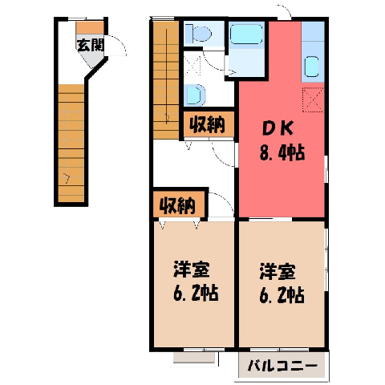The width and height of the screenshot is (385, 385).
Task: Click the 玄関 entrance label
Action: (x=90, y=45)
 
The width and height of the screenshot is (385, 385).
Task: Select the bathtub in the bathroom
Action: (x=246, y=34)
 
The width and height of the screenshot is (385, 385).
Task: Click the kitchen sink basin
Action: (x=311, y=67)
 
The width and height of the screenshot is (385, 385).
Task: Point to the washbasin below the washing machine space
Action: (x=196, y=95)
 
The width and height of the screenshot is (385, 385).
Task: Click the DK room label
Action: (x=278, y=129)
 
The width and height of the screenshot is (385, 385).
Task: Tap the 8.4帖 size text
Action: (x=282, y=152)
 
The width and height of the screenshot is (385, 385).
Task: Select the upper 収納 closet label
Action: (x=208, y=125)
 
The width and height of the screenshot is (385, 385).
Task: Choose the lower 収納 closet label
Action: (x=177, y=206)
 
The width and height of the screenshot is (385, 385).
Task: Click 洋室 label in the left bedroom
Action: (x=192, y=269)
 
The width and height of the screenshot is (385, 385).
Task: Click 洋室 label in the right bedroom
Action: (x=278, y=272)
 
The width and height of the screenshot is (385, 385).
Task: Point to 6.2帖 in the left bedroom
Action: (x=196, y=293)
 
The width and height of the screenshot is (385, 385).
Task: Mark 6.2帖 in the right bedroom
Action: (x=282, y=295)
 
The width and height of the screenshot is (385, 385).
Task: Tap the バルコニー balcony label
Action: (x=283, y=367)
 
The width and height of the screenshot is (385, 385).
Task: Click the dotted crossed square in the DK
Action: (x=313, y=99)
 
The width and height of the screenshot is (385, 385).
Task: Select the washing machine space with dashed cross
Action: (x=192, y=67)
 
